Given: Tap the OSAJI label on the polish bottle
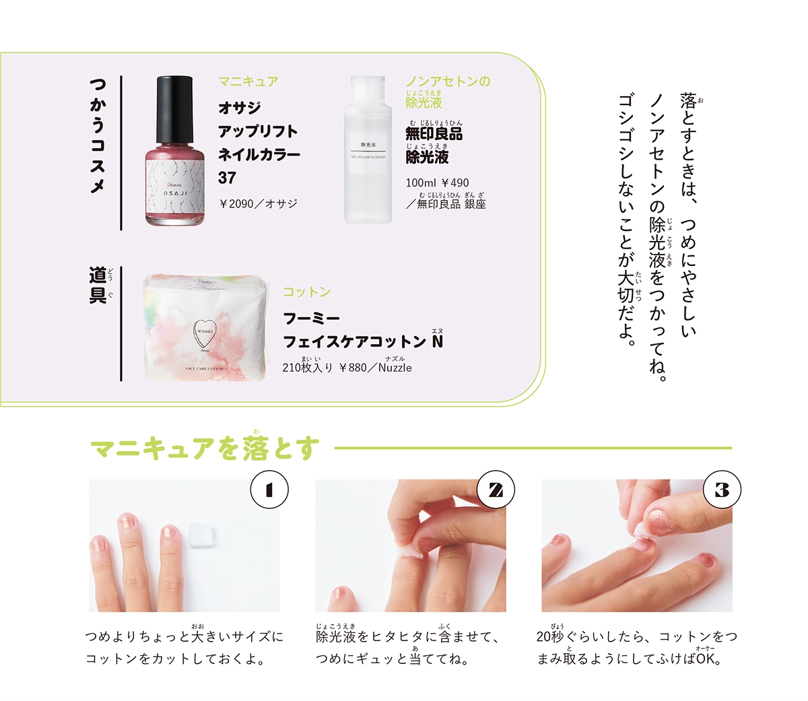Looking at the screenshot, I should coord(175,192).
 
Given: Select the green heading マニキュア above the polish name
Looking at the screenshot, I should coord(248,82).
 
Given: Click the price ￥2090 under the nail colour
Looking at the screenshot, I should coord(236,203).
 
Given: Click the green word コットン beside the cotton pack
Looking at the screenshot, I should coord(306,292).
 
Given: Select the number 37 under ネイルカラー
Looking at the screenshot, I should coord(227,178).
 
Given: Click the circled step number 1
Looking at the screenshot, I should coord(269,490).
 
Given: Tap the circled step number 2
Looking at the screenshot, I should coord(496,490).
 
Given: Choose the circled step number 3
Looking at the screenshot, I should coord(722,490).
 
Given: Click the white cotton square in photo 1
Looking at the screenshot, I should coord(201,534).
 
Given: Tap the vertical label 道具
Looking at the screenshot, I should coord(98,285).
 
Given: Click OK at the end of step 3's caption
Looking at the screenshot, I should coord(707,659).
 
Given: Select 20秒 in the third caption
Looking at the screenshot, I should coord(550,636).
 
